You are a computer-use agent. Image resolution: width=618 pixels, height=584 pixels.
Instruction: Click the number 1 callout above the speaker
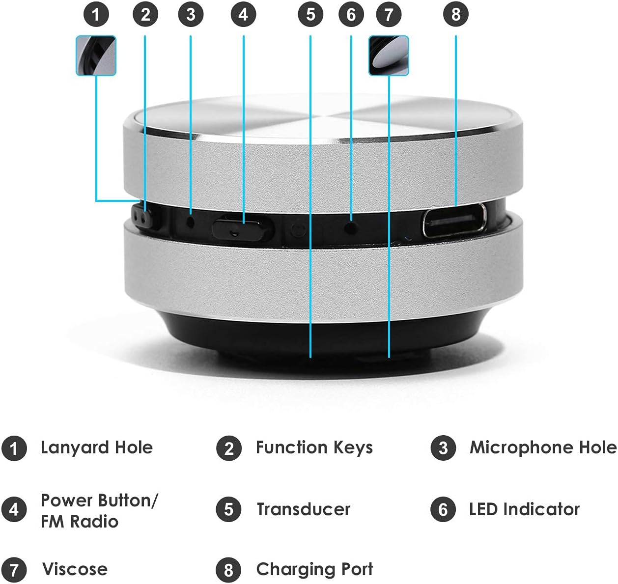click(x=96, y=15)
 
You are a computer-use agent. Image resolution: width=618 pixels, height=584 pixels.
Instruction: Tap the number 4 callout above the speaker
click(x=243, y=15)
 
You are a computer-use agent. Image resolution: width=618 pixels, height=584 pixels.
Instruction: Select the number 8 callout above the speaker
click(x=456, y=15)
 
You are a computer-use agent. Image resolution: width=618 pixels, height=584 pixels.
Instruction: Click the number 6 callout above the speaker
click(x=351, y=15)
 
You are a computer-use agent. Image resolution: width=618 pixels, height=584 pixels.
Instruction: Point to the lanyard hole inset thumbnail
click(x=96, y=56)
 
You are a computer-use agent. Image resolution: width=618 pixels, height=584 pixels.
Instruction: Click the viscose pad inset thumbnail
click(x=389, y=56)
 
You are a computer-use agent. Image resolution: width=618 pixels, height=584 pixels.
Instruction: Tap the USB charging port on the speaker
click(x=455, y=221)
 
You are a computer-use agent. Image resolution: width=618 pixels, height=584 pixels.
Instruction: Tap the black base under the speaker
click(x=309, y=339)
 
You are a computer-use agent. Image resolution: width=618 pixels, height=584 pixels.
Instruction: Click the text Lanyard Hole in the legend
click(x=96, y=447)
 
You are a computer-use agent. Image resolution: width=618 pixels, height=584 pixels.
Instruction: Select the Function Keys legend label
click(x=314, y=447)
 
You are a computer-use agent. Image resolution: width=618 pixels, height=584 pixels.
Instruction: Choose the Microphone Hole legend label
click(x=542, y=447)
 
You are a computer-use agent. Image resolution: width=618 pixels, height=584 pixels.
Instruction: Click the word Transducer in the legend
click(x=303, y=509)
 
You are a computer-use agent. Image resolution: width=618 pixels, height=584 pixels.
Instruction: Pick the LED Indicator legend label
click(x=524, y=509)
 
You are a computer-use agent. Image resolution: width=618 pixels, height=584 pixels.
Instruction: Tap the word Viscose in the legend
click(x=75, y=569)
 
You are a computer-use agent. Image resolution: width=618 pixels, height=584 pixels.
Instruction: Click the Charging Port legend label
click(x=314, y=569)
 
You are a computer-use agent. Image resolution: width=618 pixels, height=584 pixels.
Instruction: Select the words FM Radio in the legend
click(x=79, y=522)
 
